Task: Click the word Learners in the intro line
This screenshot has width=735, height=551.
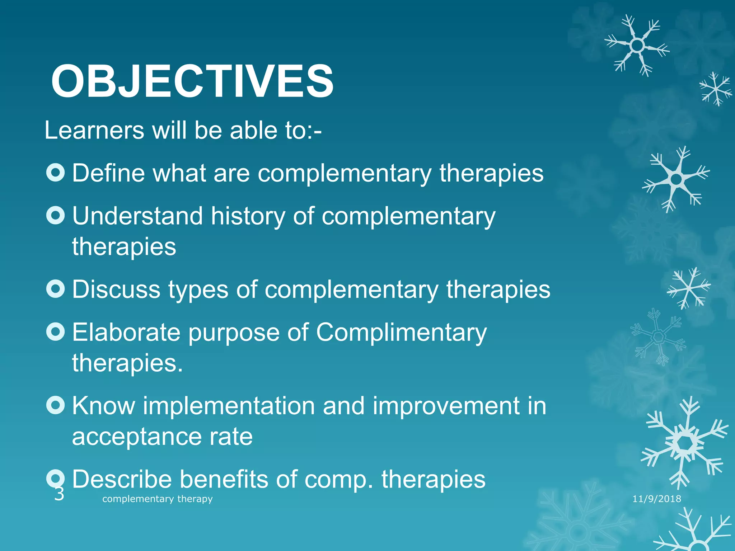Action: [x=94, y=130]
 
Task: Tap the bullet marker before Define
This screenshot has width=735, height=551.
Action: [x=56, y=173]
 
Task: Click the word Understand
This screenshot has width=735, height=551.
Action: [x=137, y=216]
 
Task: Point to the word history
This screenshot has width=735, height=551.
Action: [x=248, y=216]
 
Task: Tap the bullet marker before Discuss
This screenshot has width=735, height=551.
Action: [x=56, y=289]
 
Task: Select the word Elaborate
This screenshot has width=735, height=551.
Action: [x=126, y=333]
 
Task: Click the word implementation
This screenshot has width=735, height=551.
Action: [x=229, y=406]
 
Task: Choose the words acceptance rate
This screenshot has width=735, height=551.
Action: [x=162, y=437]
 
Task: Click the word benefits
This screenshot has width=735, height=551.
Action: [x=223, y=479]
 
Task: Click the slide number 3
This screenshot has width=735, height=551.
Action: [x=59, y=494]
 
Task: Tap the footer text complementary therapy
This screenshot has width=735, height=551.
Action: [x=157, y=499]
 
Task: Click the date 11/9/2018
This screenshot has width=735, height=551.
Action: [x=656, y=499]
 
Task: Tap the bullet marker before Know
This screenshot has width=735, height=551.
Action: [x=56, y=405]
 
